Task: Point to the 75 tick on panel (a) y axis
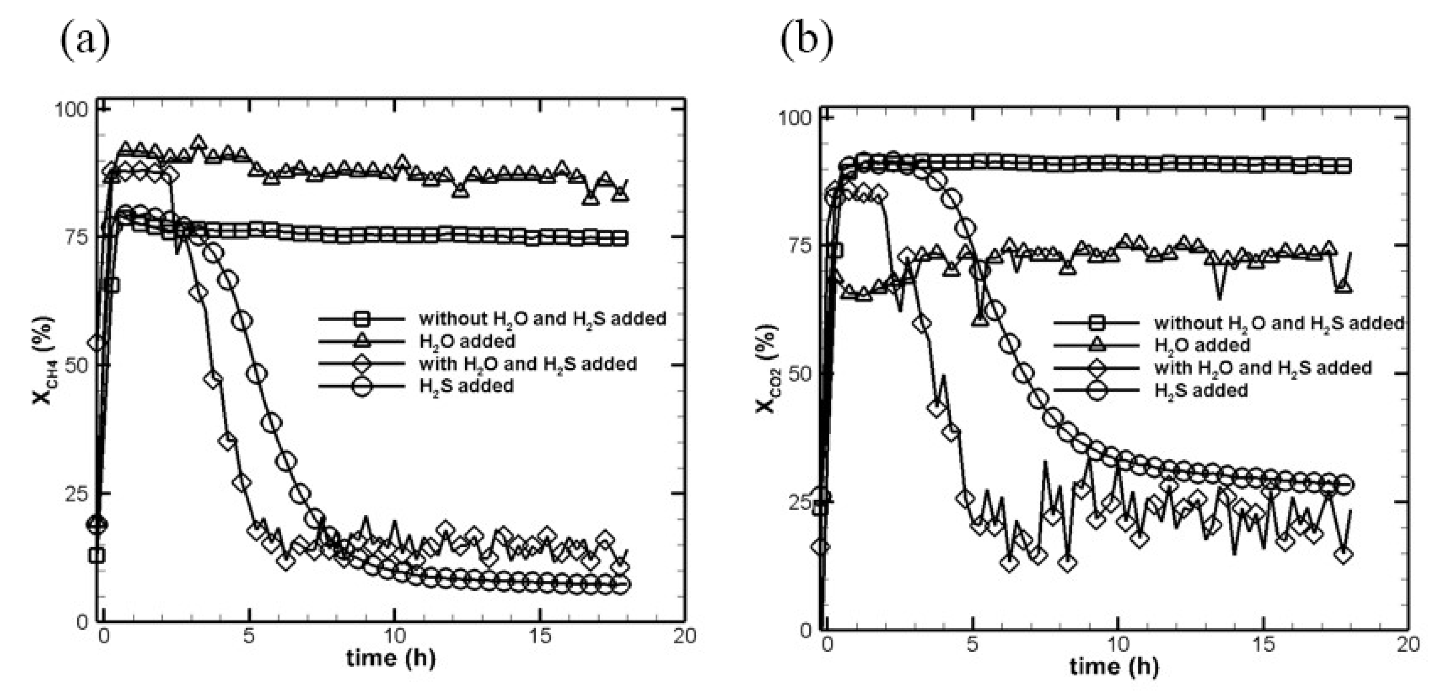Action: (74, 237)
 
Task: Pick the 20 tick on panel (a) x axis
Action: (684, 636)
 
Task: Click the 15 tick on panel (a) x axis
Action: (540, 636)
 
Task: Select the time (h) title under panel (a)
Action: (390, 658)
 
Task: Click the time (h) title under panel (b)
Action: (1114, 666)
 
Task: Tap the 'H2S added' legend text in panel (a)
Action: (466, 386)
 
